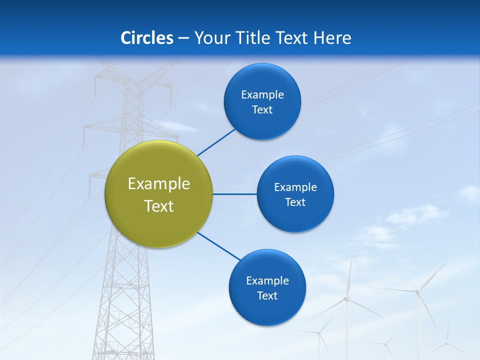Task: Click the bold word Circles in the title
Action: click(147, 38)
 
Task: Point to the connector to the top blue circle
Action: click(216, 142)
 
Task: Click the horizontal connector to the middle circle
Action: click(235, 194)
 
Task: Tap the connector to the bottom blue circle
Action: click(219, 246)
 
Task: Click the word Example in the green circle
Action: click(159, 184)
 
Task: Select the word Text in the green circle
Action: click(159, 206)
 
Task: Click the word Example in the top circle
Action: click(262, 95)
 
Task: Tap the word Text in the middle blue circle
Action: click(295, 202)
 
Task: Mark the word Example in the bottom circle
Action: click(267, 281)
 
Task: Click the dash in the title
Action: click(183, 38)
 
